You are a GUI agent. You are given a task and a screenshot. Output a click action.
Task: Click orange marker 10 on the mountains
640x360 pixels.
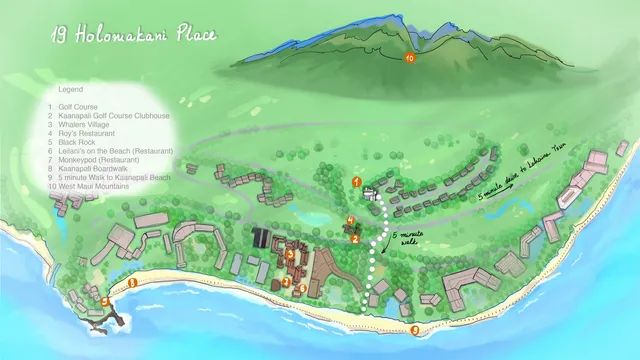(410, 59)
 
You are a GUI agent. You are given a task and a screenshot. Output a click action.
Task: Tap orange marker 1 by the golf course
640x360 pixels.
(357, 181)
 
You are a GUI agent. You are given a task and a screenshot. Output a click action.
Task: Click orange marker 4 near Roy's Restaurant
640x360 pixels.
(349, 220)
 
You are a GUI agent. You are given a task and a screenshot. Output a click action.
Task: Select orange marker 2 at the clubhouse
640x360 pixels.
(355, 238)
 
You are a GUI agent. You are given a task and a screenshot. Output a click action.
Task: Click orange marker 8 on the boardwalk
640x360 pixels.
(132, 283)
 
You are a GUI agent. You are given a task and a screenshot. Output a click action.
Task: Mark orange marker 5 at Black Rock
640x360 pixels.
(104, 300)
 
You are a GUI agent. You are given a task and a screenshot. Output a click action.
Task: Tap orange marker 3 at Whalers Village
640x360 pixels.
(290, 254)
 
